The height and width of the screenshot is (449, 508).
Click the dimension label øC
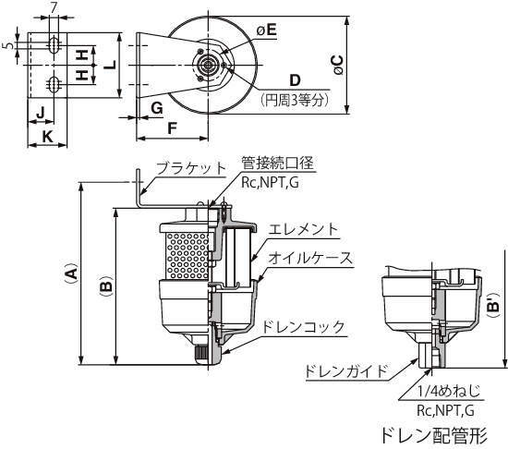pos(338,65)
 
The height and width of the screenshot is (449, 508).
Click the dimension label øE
pos(266,30)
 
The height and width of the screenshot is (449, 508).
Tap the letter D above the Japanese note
pos(295,80)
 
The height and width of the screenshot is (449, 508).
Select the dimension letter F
pos(172,128)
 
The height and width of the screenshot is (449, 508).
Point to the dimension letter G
pos(157,108)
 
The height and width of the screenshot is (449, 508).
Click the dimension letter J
pos(41,113)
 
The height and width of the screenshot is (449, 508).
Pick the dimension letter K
pos(48,137)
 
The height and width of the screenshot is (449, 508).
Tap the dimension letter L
pos(111,65)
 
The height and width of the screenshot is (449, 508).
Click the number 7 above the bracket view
pos(54,8)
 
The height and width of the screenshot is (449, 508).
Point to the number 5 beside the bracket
pos(10,45)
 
